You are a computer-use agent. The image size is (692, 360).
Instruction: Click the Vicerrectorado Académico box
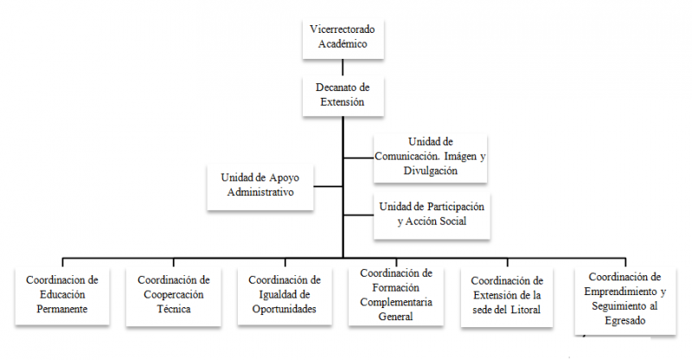coord(343,38)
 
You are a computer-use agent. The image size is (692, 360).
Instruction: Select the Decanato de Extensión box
coord(343,96)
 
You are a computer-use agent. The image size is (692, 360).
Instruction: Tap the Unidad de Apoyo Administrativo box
coord(260,187)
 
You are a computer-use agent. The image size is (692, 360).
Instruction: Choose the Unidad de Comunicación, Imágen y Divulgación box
coord(430,157)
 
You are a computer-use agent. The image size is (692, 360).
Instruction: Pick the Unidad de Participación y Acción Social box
coord(432,215)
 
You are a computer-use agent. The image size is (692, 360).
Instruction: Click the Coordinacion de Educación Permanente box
coord(62,295)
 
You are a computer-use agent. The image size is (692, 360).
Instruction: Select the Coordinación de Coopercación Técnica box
coord(174,296)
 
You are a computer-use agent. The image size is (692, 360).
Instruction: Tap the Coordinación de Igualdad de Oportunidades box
coord(285,295)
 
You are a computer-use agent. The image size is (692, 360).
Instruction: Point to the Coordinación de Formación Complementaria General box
coord(396,296)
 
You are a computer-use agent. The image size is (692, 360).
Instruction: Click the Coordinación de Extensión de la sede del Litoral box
coord(507,296)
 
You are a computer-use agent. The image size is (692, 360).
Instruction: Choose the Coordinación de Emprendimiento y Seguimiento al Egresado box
coord(625,300)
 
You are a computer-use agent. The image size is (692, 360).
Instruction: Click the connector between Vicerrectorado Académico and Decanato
coord(343,67)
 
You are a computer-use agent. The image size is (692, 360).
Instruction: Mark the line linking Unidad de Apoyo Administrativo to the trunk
coord(328,186)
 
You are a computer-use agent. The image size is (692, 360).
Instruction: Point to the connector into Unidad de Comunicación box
coord(358,157)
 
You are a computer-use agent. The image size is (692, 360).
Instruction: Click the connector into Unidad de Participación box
coord(358,215)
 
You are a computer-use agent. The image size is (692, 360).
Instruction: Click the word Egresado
coord(625,321)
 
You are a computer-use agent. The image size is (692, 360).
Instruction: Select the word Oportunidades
coord(285,309)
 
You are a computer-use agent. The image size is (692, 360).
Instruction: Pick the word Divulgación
coord(430,171)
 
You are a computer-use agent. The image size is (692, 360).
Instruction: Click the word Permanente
coord(62,309)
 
